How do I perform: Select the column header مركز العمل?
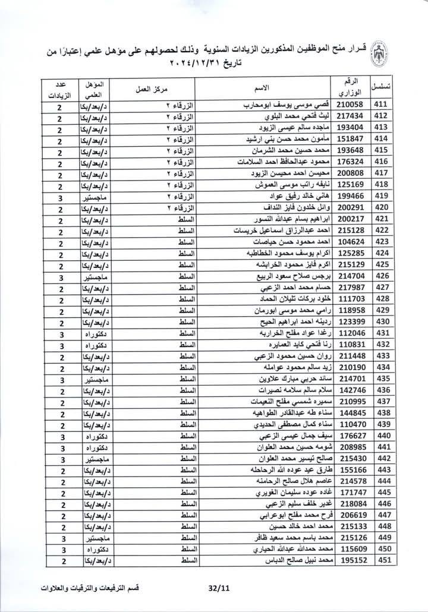point(157,88)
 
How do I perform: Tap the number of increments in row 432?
point(61,344)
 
